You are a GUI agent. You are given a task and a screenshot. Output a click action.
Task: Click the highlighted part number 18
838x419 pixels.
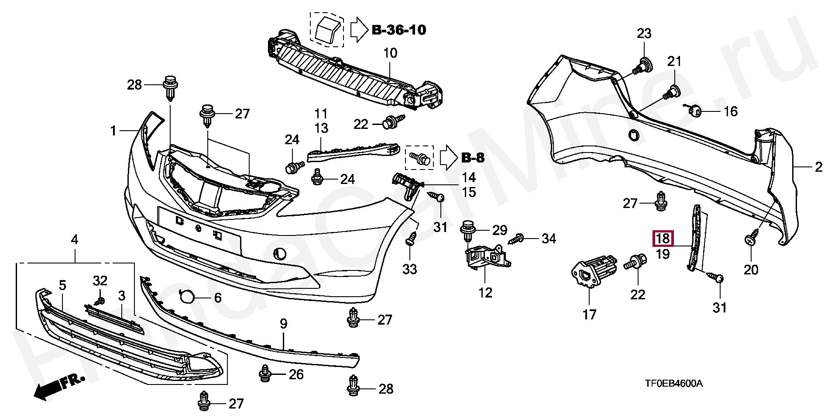[663, 239]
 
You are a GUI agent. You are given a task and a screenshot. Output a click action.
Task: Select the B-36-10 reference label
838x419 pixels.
[399, 30]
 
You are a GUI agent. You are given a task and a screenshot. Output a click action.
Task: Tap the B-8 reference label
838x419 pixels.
[473, 158]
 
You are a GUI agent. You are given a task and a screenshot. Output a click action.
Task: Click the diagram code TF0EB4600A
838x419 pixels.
[674, 384]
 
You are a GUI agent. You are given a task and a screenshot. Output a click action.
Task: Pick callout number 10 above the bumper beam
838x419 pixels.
[390, 53]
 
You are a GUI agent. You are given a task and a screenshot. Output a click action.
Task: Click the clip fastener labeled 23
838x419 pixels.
[642, 67]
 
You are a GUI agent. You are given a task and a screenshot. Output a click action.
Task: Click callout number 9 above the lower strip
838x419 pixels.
[284, 324]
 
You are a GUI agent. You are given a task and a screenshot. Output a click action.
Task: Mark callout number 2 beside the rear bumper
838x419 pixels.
[818, 167]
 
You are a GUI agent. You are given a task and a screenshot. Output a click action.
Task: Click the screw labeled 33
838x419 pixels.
[411, 238]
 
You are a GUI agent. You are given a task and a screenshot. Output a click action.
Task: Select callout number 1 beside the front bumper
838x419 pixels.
[113, 131]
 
